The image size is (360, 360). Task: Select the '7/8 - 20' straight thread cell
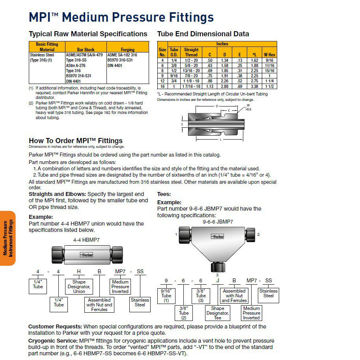click(x=191, y=76)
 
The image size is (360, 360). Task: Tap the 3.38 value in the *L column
click(x=255, y=86)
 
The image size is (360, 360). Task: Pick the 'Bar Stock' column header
click(x=86, y=50)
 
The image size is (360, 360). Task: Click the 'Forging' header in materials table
click(x=128, y=50)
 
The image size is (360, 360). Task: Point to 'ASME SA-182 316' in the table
click(x=122, y=55)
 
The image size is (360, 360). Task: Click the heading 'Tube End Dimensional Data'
click(x=203, y=34)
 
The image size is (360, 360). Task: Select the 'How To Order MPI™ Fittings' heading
click(x=76, y=141)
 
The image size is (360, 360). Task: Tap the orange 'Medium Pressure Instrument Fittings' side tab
click(x=8, y=238)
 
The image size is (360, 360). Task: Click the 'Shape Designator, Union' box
click(x=79, y=287)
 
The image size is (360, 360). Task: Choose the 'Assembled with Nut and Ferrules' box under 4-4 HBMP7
click(x=99, y=305)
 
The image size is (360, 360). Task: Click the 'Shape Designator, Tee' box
click(x=217, y=313)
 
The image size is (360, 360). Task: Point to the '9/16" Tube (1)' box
click(x=166, y=295)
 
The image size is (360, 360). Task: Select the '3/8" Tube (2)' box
click(x=184, y=313)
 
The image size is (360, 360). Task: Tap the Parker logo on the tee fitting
click(x=218, y=237)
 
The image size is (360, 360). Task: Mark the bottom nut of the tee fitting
click(x=217, y=266)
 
